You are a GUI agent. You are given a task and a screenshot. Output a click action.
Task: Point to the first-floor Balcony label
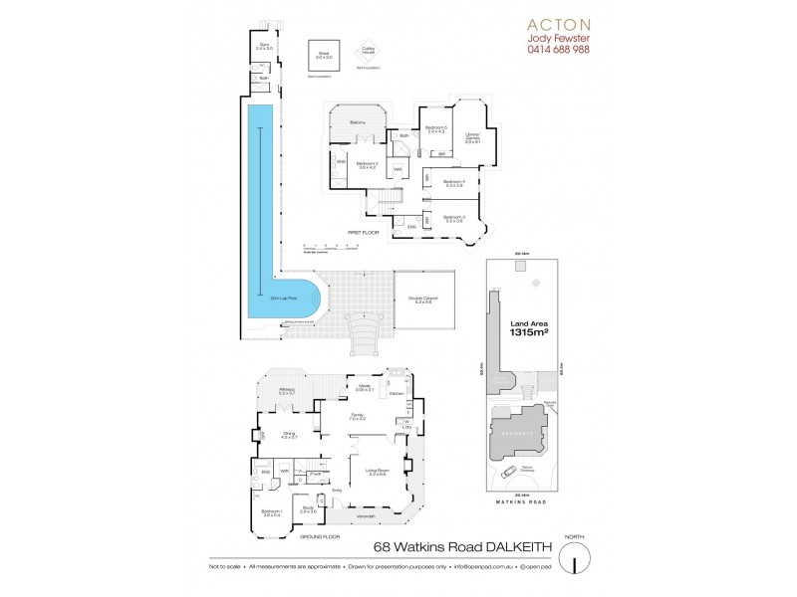point(357,122)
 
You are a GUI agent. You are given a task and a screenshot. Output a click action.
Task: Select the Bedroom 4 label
point(454,183)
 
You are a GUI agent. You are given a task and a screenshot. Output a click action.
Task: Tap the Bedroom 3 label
point(454,218)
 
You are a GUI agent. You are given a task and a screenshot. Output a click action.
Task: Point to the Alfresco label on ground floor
point(289,391)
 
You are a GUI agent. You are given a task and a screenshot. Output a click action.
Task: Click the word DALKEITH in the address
point(496,546)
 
